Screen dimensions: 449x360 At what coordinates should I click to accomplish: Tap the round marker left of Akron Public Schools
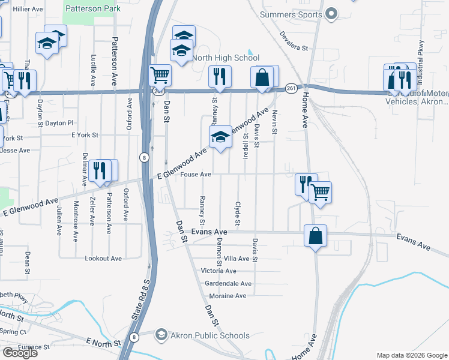pyautogui.click(x=160, y=334)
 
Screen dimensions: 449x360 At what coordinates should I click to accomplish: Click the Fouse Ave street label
pyautogui.click(x=196, y=175)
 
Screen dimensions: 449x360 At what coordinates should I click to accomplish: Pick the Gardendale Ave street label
pyautogui.click(x=228, y=283)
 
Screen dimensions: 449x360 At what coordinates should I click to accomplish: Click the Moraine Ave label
pyautogui.click(x=228, y=296)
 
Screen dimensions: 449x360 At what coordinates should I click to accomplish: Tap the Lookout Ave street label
pyautogui.click(x=103, y=259)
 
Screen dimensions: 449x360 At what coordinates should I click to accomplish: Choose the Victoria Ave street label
pyautogui.click(x=218, y=271)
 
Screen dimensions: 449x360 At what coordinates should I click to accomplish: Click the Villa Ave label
pyautogui.click(x=236, y=259)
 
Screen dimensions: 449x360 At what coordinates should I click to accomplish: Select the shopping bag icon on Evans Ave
pyautogui.click(x=315, y=236)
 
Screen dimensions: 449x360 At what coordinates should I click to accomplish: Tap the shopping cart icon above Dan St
pyautogui.click(x=160, y=76)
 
